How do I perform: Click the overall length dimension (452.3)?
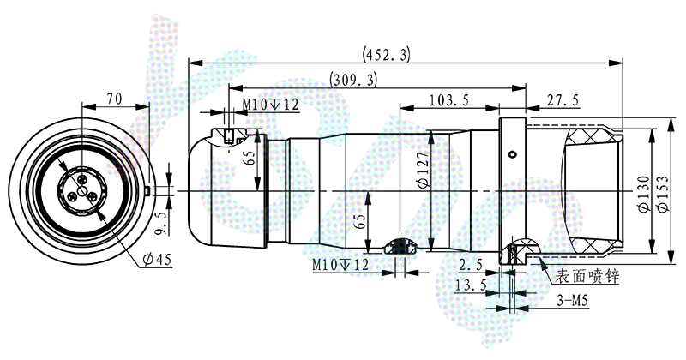coord(387,54)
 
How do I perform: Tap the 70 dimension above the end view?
coord(114,99)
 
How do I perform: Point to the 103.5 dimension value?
coord(448,100)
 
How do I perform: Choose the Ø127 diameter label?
coord(423,171)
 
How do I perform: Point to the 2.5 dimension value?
coord(470,264)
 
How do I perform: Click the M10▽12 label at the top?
coord(270,105)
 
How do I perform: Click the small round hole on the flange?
coord(512,154)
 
